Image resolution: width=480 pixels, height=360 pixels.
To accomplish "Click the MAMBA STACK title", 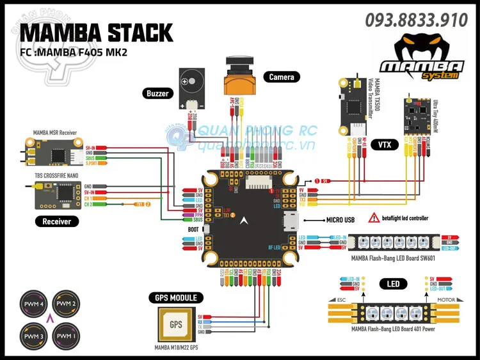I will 96,32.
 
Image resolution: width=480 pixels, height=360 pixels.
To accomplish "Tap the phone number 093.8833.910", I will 417,20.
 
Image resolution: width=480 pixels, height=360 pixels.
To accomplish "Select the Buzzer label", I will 157,93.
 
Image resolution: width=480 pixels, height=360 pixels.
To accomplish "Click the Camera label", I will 282,77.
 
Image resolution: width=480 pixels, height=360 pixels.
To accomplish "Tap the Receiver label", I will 57,221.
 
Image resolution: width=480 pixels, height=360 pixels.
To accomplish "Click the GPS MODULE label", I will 176,297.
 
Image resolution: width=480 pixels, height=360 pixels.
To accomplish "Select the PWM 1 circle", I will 65,334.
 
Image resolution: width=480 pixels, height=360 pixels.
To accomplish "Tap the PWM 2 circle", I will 65,303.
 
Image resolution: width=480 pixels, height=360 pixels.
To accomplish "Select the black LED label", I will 393,283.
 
